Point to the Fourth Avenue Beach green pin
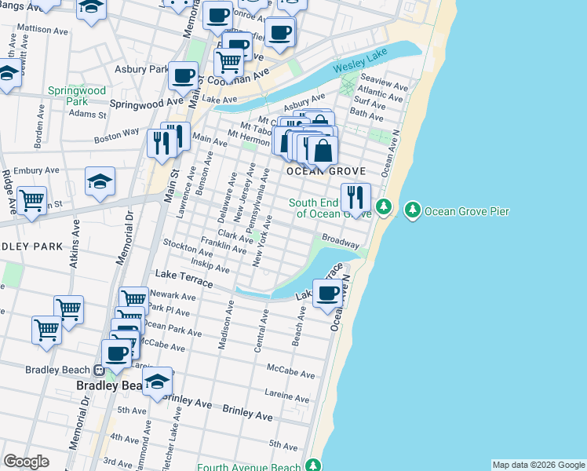pos(314,466)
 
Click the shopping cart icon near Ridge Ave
pos(32,200)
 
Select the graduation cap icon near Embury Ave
pos(100,181)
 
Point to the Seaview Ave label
pos(384,85)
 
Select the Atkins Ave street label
pos(76,249)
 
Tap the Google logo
pos(26,462)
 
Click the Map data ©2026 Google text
pos(538,465)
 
